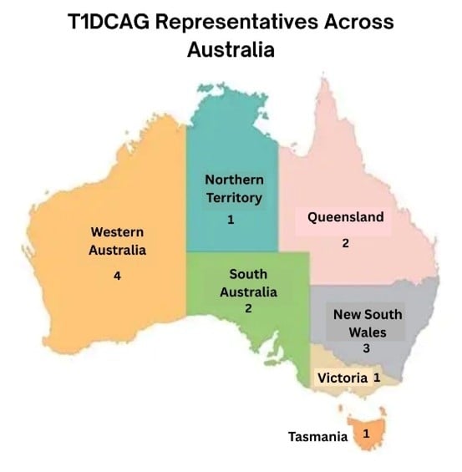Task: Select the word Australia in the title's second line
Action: click(231, 50)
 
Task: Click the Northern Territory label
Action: click(233, 189)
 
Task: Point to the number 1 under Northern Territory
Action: click(231, 220)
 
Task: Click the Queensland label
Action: click(345, 217)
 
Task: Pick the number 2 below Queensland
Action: click(344, 244)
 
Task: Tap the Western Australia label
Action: click(118, 240)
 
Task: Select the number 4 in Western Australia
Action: click(116, 277)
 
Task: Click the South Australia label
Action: click(247, 283)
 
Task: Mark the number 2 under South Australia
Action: click(247, 308)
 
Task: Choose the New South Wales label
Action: click(367, 322)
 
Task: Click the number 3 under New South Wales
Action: click(365, 348)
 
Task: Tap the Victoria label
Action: click(342, 378)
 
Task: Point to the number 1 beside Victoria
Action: click(377, 378)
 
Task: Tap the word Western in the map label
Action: click(118, 231)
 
